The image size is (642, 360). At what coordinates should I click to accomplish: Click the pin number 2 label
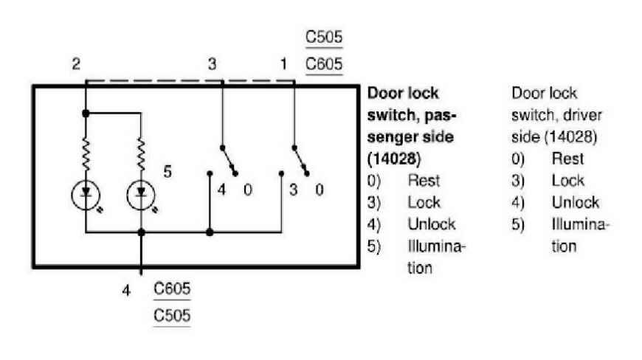click(x=76, y=64)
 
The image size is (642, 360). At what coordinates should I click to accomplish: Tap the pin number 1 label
click(x=283, y=64)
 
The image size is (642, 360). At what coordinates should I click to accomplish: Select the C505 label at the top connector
click(x=324, y=37)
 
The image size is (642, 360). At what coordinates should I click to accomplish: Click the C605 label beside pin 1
click(x=324, y=64)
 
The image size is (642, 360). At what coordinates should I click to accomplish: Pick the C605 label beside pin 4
click(x=172, y=288)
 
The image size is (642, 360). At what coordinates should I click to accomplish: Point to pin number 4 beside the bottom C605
click(x=126, y=291)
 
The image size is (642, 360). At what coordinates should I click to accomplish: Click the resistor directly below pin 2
click(x=86, y=154)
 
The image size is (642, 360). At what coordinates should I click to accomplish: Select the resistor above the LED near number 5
click(x=141, y=154)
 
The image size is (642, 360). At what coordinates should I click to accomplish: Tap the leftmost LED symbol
click(x=86, y=196)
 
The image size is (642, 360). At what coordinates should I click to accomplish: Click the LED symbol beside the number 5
click(x=141, y=196)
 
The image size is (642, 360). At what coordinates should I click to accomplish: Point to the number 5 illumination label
click(x=168, y=171)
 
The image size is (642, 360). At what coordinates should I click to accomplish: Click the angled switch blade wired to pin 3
click(x=229, y=161)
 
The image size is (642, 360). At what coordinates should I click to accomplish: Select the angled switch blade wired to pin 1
click(x=300, y=161)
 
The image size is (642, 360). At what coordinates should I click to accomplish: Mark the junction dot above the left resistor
click(x=86, y=114)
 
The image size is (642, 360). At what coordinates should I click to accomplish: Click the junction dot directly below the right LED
click(x=141, y=232)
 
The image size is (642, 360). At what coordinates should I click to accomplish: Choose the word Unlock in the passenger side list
click(x=432, y=224)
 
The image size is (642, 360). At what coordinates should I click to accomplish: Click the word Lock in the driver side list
click(x=568, y=181)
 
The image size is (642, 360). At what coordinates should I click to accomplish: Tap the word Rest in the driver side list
click(x=567, y=159)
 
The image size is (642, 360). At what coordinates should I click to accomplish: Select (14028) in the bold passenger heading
click(x=394, y=159)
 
